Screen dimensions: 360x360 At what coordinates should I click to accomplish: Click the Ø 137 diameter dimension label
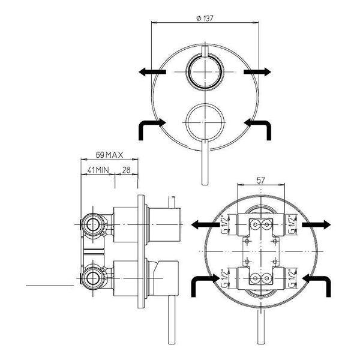(x=205, y=18)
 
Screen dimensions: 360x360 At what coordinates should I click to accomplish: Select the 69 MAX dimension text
(x=109, y=155)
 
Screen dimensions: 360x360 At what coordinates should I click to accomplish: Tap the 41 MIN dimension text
(x=98, y=170)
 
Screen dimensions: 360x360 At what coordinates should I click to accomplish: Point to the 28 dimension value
(x=126, y=170)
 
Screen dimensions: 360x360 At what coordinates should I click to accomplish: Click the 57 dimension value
(x=261, y=180)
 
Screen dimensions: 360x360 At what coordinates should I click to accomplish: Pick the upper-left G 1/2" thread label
(x=225, y=224)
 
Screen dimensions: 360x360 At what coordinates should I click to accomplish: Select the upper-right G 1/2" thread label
(x=292, y=224)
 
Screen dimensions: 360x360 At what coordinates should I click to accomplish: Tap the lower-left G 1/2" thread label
(x=225, y=278)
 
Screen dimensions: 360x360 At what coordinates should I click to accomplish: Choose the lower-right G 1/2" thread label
(x=292, y=278)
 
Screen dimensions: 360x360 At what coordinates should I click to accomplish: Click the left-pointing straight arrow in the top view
(x=152, y=72)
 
